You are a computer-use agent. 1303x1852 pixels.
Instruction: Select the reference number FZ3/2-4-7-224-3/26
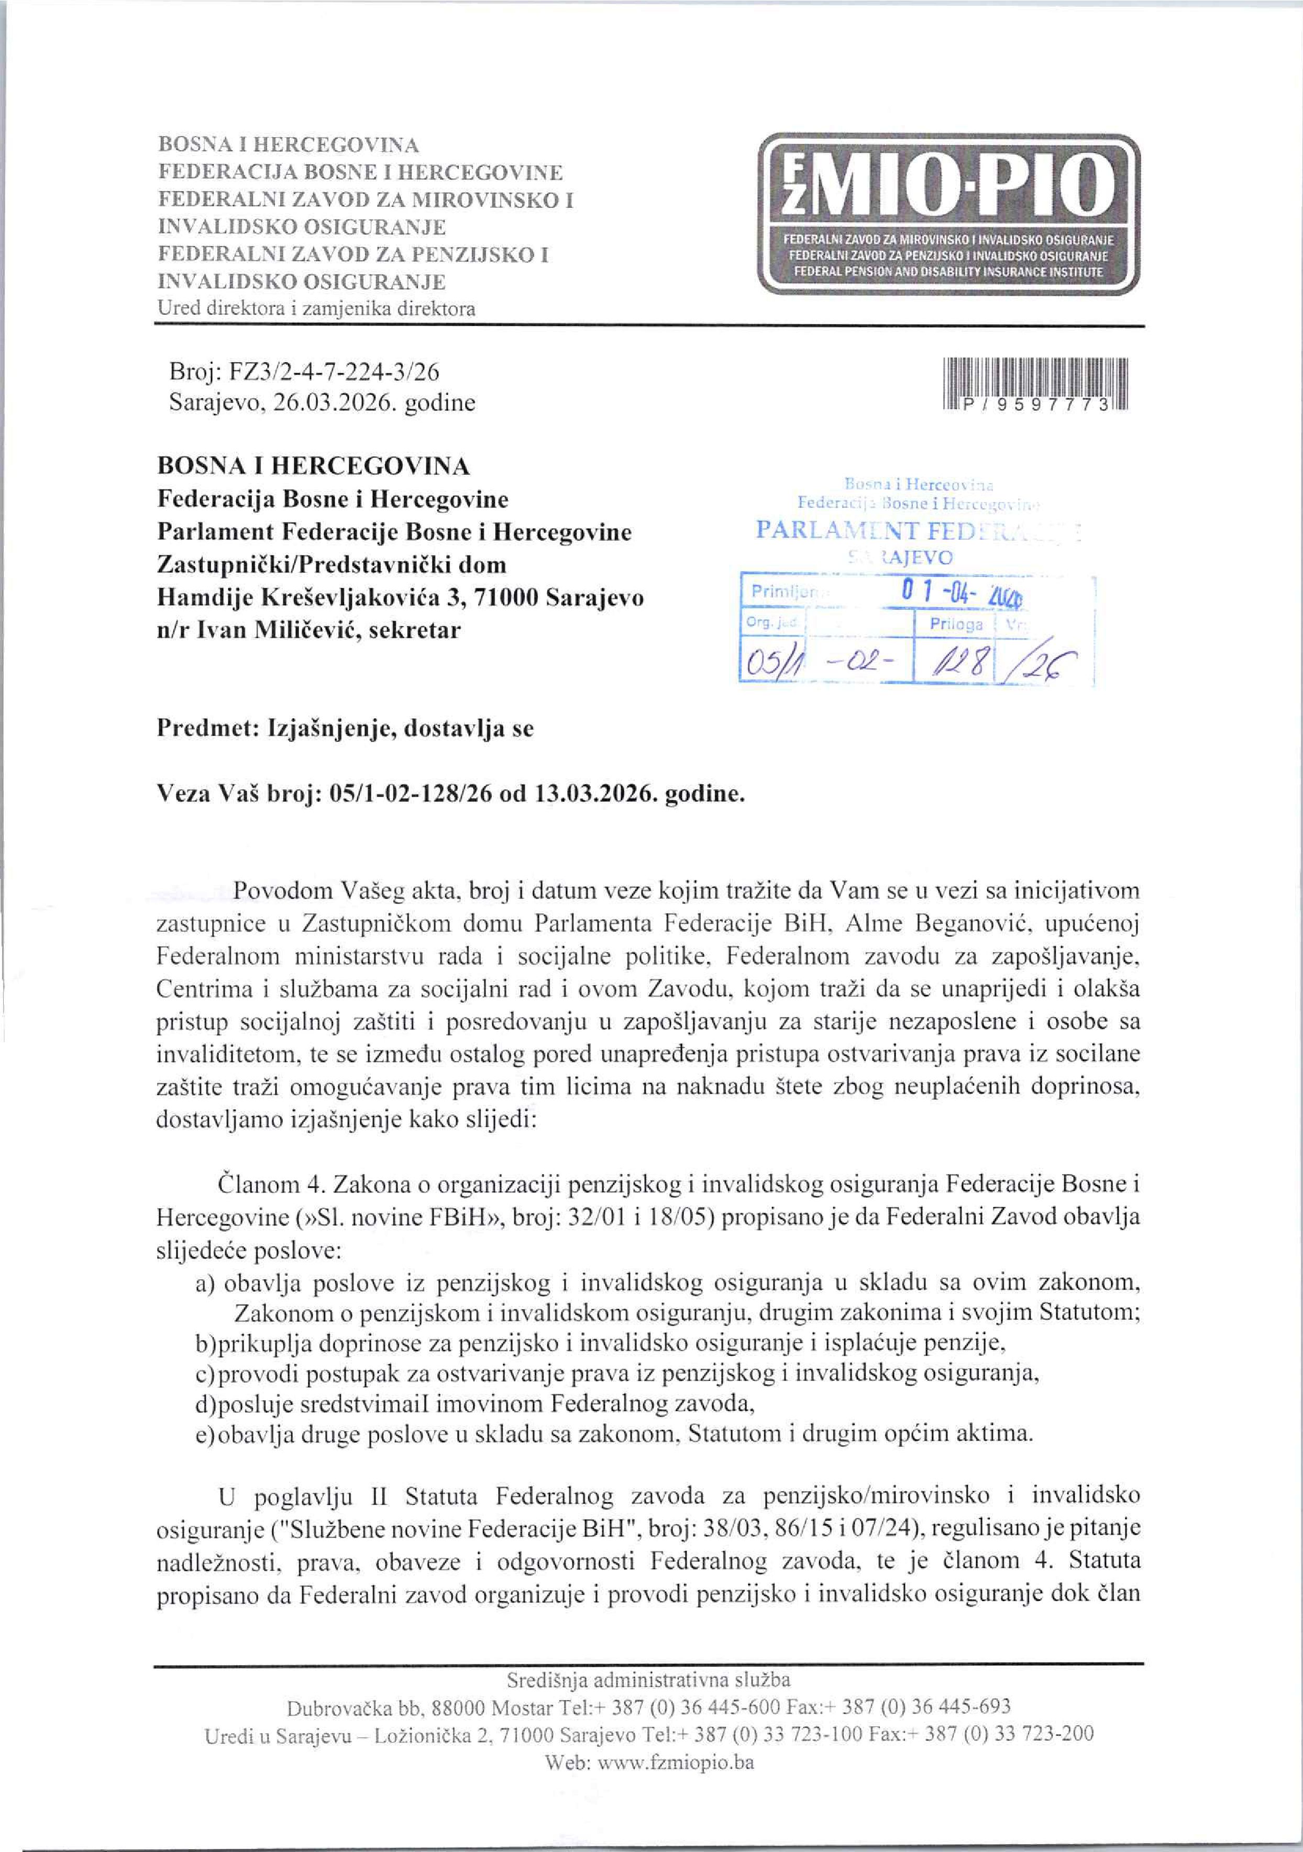[x=335, y=372]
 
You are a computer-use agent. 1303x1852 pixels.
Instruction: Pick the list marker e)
[x=205, y=1434]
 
